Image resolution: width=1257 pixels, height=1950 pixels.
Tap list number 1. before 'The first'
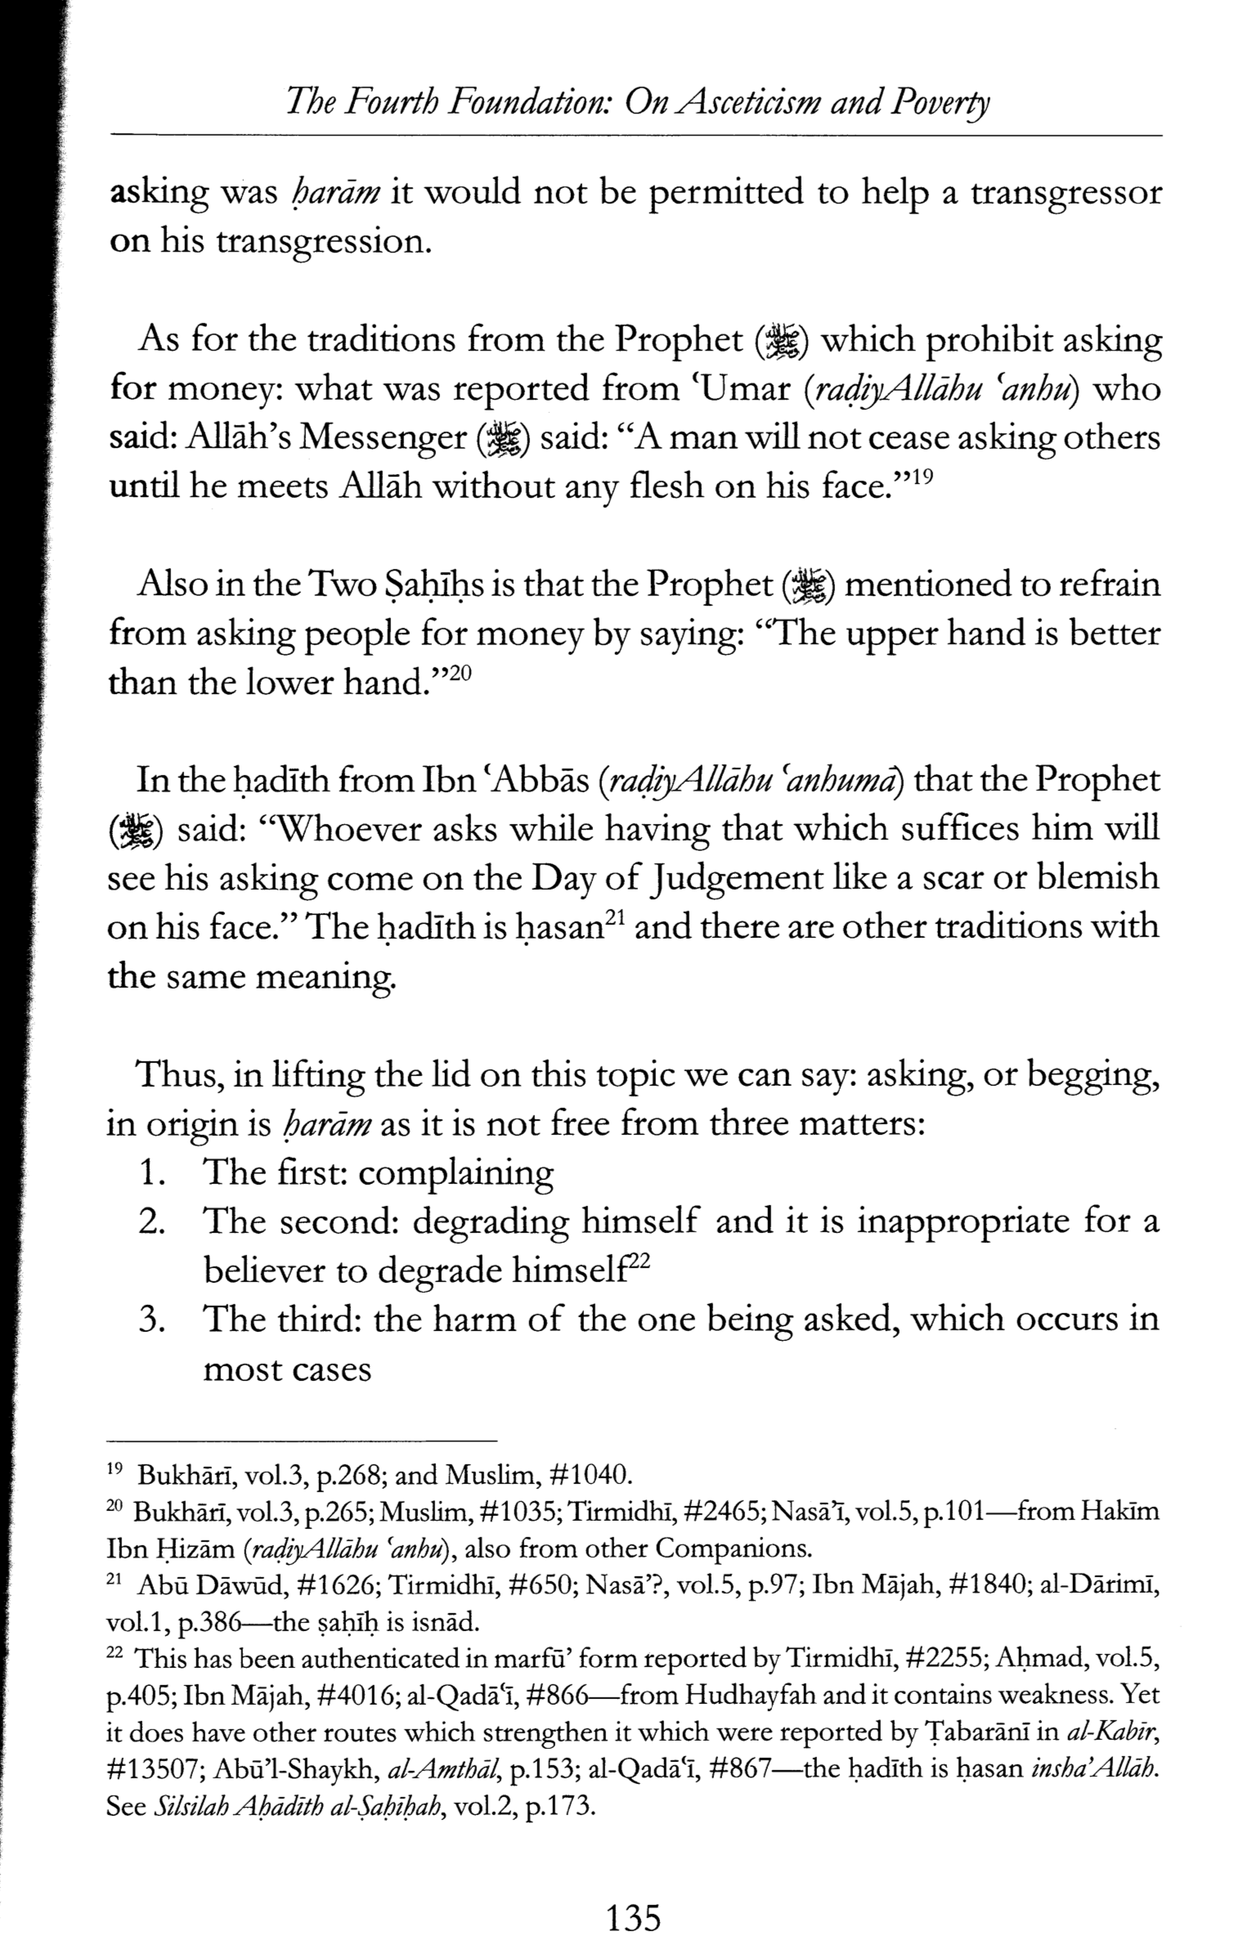tap(155, 1173)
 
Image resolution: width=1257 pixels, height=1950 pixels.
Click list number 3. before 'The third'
tap(155, 1320)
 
